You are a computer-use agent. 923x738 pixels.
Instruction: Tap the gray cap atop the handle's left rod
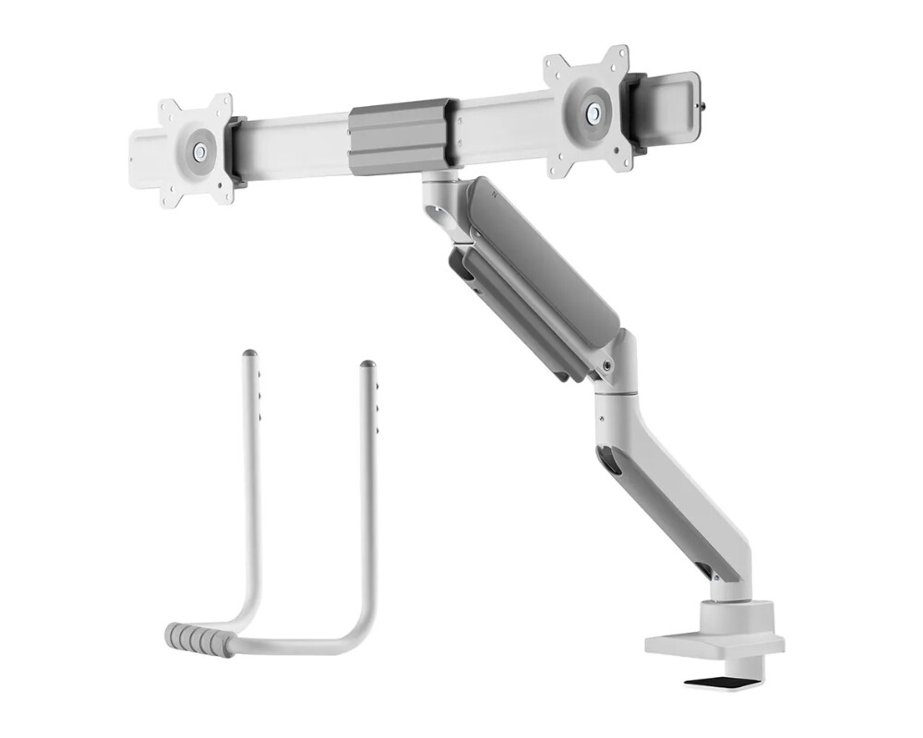click(x=247, y=356)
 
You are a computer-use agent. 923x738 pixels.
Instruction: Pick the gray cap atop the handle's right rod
click(x=367, y=366)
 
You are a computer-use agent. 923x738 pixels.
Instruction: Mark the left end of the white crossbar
click(x=138, y=152)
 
